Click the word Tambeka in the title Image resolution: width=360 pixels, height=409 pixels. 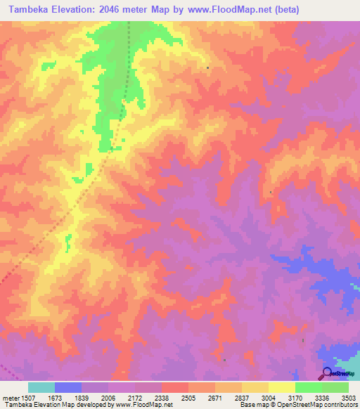click(x=29, y=10)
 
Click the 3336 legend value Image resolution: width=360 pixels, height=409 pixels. click(x=321, y=398)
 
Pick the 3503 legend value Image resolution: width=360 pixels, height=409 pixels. click(x=348, y=398)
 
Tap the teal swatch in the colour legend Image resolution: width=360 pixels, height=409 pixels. click(x=41, y=387)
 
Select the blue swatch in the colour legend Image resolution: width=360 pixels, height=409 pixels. click(x=68, y=387)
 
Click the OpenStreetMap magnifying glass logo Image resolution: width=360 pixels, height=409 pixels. click(x=328, y=373)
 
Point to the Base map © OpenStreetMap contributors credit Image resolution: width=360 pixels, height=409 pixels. click(x=299, y=405)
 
